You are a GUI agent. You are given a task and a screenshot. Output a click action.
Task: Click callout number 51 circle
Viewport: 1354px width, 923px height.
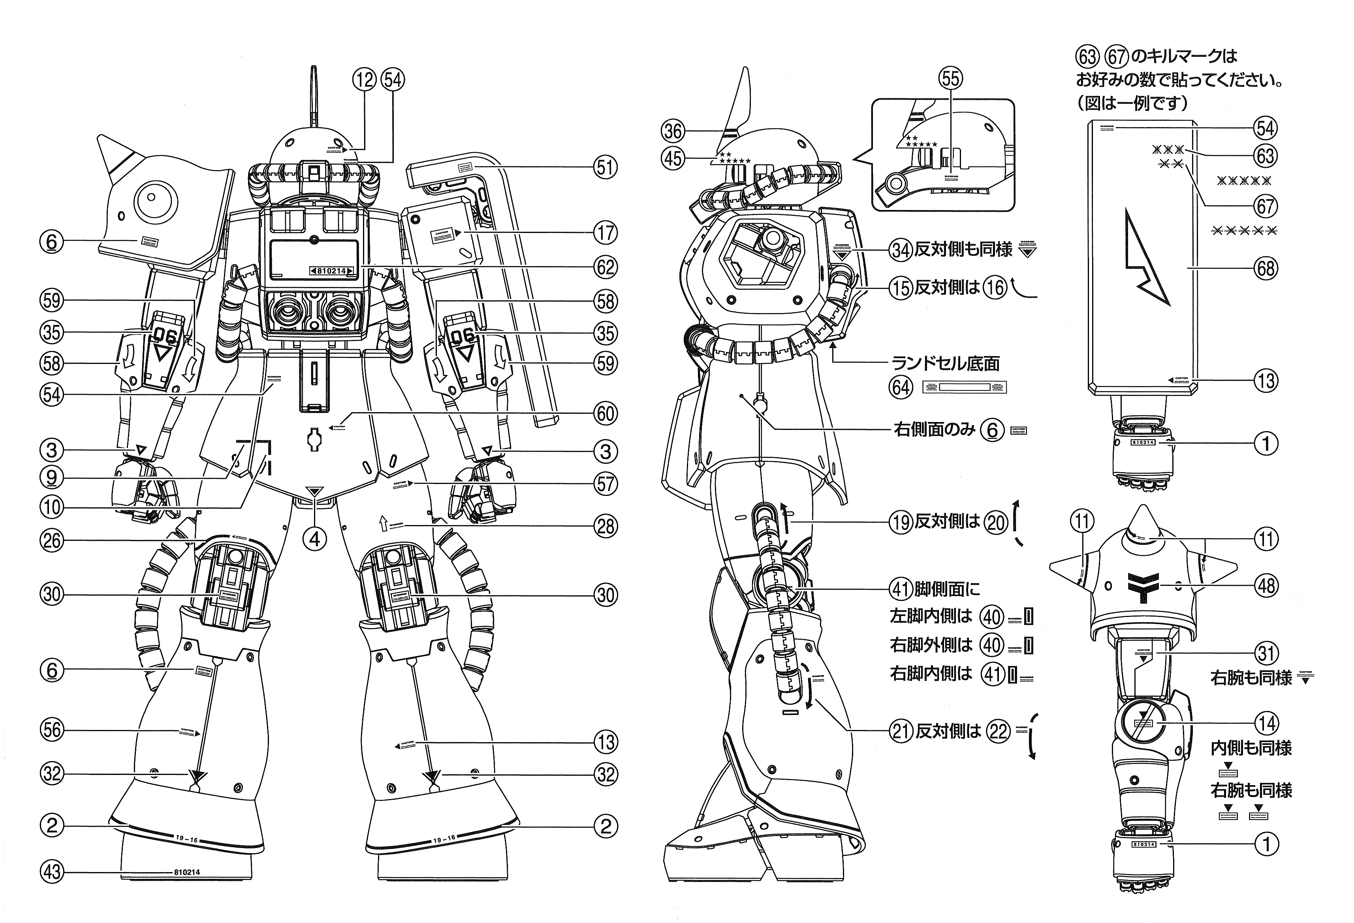[x=606, y=168]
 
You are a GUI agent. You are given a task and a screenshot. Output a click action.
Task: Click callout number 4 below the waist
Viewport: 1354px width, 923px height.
[x=315, y=539]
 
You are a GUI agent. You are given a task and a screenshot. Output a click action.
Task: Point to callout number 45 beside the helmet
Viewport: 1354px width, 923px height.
[x=673, y=158]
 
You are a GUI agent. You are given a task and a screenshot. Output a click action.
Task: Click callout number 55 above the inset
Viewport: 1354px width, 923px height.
[x=950, y=79]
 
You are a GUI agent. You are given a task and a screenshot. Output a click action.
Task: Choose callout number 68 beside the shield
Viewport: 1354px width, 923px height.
[x=1266, y=268]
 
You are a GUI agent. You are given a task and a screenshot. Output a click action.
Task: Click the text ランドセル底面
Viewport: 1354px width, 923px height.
[x=946, y=363]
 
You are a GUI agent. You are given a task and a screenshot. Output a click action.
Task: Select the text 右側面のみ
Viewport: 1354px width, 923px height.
[x=934, y=430]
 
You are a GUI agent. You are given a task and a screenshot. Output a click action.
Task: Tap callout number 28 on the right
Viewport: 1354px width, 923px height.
[x=606, y=526]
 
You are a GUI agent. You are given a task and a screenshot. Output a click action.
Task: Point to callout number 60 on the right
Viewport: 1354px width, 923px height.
[x=606, y=414]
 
